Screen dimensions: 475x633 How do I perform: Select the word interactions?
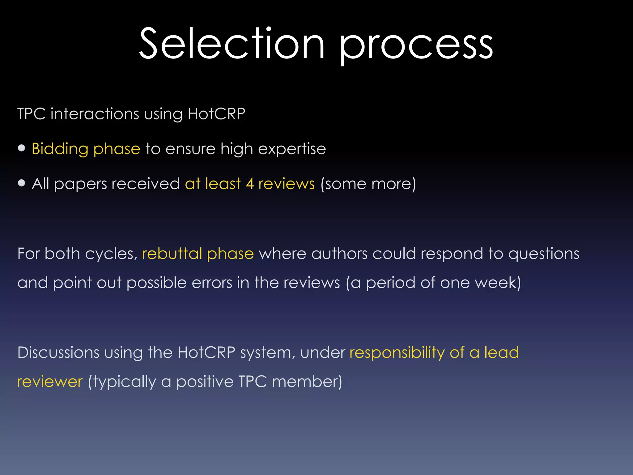click(x=95, y=114)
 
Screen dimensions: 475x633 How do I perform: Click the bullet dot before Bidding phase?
click(x=21, y=148)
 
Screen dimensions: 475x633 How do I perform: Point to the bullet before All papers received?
click(x=21, y=183)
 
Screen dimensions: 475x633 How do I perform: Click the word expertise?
click(x=292, y=149)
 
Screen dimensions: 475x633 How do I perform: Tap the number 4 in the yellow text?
click(x=250, y=184)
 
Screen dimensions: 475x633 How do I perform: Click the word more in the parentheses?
click(x=392, y=184)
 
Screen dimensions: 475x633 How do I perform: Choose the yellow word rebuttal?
click(x=172, y=254)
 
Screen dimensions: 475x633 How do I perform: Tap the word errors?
click(x=212, y=283)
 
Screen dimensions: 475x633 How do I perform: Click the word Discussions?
click(x=58, y=353)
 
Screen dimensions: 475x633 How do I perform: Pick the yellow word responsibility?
click(x=397, y=353)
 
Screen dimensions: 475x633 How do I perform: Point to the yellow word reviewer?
click(x=50, y=382)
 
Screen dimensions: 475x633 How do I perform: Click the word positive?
click(x=205, y=382)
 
